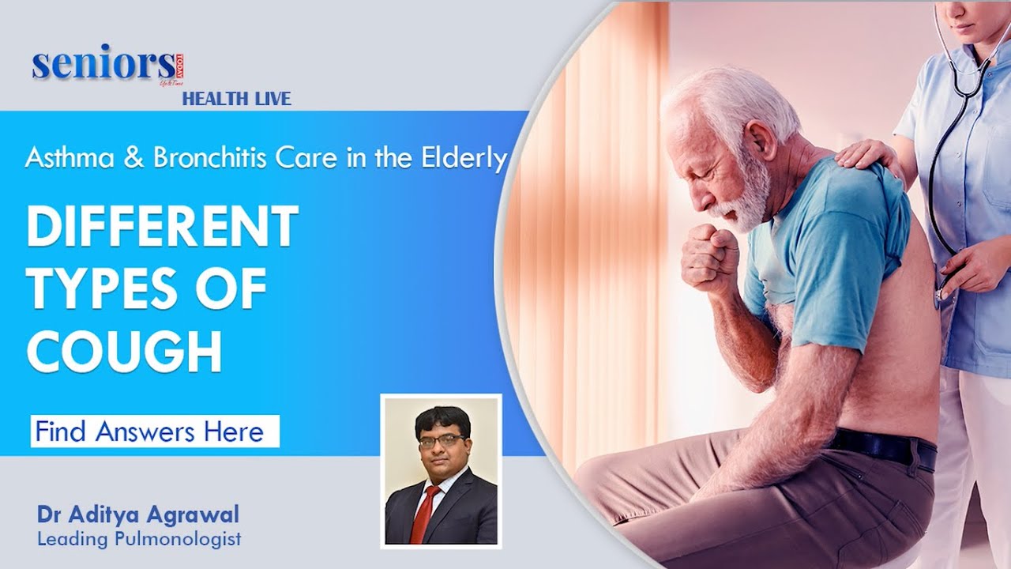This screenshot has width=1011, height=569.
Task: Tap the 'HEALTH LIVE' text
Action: pos(237,99)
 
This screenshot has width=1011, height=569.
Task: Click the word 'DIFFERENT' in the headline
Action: pos(163,228)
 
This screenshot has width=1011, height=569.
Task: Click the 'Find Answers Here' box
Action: pos(155,431)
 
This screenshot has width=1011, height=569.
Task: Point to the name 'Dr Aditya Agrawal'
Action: pos(137,515)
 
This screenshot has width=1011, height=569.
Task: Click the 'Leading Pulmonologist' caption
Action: pos(138,540)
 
